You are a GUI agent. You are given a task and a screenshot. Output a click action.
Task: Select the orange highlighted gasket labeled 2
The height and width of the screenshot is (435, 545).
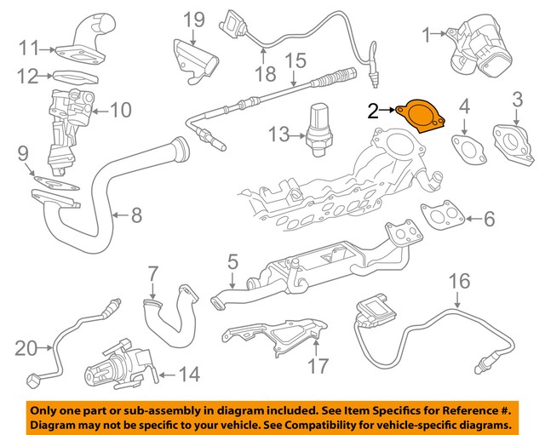tap(422, 115)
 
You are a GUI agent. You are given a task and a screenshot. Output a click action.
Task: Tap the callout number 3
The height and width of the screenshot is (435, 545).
tap(517, 104)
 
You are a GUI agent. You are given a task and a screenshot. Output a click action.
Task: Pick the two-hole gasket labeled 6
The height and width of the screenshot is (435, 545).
tap(444, 217)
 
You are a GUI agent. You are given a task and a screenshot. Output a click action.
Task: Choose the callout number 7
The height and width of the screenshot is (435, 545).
tap(153, 274)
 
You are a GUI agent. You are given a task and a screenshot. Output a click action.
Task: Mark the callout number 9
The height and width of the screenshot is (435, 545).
tap(24, 154)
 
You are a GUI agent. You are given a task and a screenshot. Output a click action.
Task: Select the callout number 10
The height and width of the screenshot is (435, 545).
tap(120, 110)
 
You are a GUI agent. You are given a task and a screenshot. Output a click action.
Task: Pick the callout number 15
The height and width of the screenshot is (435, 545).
tap(295, 60)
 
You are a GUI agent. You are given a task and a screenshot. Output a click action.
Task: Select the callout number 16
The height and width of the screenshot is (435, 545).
tap(459, 280)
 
